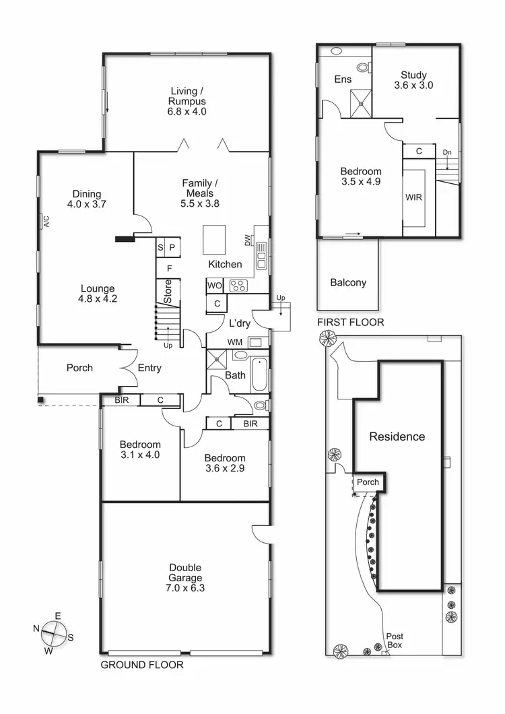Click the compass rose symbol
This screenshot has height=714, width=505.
coord(55,633)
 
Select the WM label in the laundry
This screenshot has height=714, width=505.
coord(234,343)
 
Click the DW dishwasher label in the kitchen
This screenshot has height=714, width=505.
coord(248,240)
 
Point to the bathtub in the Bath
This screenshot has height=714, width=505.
coord(259,375)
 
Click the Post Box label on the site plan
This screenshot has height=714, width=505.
coord(394,641)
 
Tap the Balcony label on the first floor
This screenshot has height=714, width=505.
coord(348,282)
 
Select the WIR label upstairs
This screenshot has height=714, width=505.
coord(413,198)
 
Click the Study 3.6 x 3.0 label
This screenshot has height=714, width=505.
coord(413,80)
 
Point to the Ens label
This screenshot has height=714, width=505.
coord(343,79)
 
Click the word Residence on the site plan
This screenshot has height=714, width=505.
coord(397,436)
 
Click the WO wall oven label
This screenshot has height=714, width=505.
coord(215,286)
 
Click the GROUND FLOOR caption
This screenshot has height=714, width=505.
coord(141,665)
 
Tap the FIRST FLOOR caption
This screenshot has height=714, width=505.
coord(350,323)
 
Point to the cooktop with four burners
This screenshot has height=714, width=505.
coord(239,286)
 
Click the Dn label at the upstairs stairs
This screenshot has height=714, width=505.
coord(446,152)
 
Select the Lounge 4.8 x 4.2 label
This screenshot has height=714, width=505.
coord(98,294)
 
